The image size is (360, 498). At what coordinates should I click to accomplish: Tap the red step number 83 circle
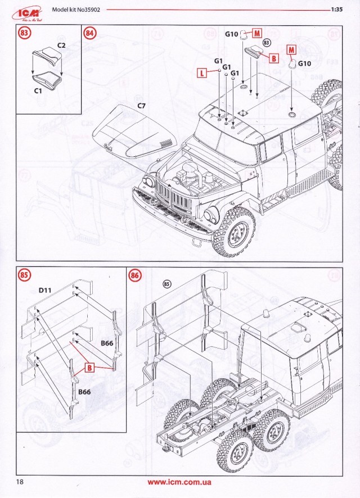click(x=24, y=33)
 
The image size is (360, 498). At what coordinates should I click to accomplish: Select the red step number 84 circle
click(x=90, y=33)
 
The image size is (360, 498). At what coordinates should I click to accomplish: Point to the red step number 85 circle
click(x=24, y=275)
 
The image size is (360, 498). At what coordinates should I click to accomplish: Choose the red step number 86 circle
click(x=135, y=275)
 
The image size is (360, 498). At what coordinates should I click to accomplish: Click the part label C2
click(x=62, y=44)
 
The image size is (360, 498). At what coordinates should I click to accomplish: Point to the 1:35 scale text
click(x=337, y=10)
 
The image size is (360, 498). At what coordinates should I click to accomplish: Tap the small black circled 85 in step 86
click(x=166, y=283)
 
